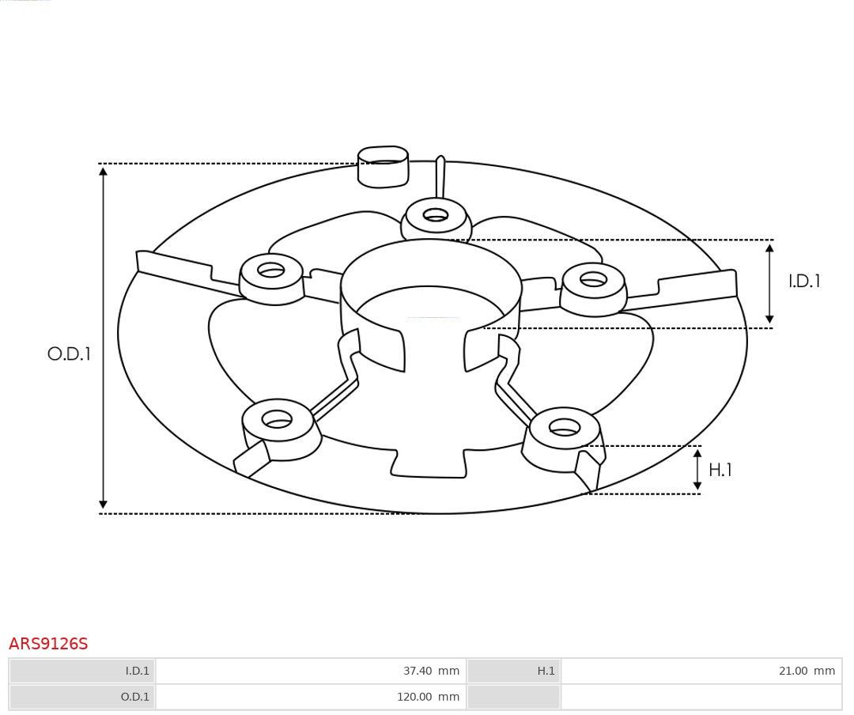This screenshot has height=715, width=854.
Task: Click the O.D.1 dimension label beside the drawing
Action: (69, 354)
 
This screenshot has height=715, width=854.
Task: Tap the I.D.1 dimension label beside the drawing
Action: (804, 281)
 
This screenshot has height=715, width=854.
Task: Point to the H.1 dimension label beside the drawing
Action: (720, 469)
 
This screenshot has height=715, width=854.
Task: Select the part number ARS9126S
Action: (48, 644)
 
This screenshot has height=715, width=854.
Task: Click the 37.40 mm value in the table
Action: (431, 671)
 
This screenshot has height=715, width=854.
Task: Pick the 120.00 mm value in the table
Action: (428, 697)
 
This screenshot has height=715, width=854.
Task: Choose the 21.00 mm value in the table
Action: (807, 671)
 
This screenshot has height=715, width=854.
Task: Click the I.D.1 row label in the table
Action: (138, 671)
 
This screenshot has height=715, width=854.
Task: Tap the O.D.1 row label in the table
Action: (135, 697)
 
